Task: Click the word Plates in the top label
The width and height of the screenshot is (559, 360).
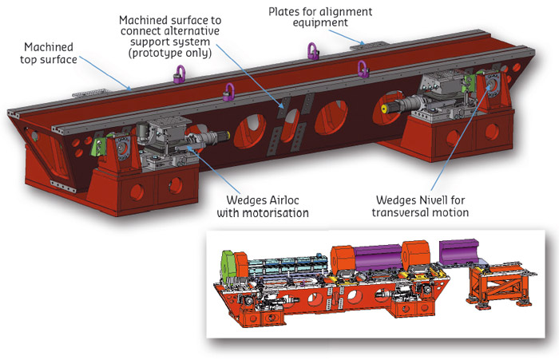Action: [x=284, y=10]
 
